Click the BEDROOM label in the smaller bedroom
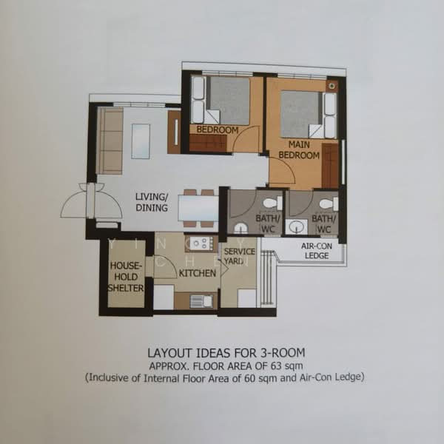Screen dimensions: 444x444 click(x=218, y=130)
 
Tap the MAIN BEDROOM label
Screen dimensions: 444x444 click(x=299, y=149)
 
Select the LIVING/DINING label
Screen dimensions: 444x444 click(x=152, y=202)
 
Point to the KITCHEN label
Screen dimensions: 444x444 click(x=198, y=273)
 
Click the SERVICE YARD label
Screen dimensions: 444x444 click(x=239, y=256)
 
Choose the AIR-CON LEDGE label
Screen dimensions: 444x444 click(x=317, y=251)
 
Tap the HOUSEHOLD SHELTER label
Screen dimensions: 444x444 click(x=126, y=277)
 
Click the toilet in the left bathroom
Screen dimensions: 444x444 click(x=272, y=203)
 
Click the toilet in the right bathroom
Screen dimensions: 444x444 click(x=329, y=203)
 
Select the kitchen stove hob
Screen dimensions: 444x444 click(x=201, y=243)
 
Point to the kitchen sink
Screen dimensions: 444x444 click(x=201, y=301)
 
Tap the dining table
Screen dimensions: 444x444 click(x=198, y=209)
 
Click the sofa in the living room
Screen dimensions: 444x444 click(x=110, y=141)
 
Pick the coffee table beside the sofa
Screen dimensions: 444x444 click(x=141, y=141)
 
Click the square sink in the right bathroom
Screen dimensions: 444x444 click(x=297, y=226)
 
